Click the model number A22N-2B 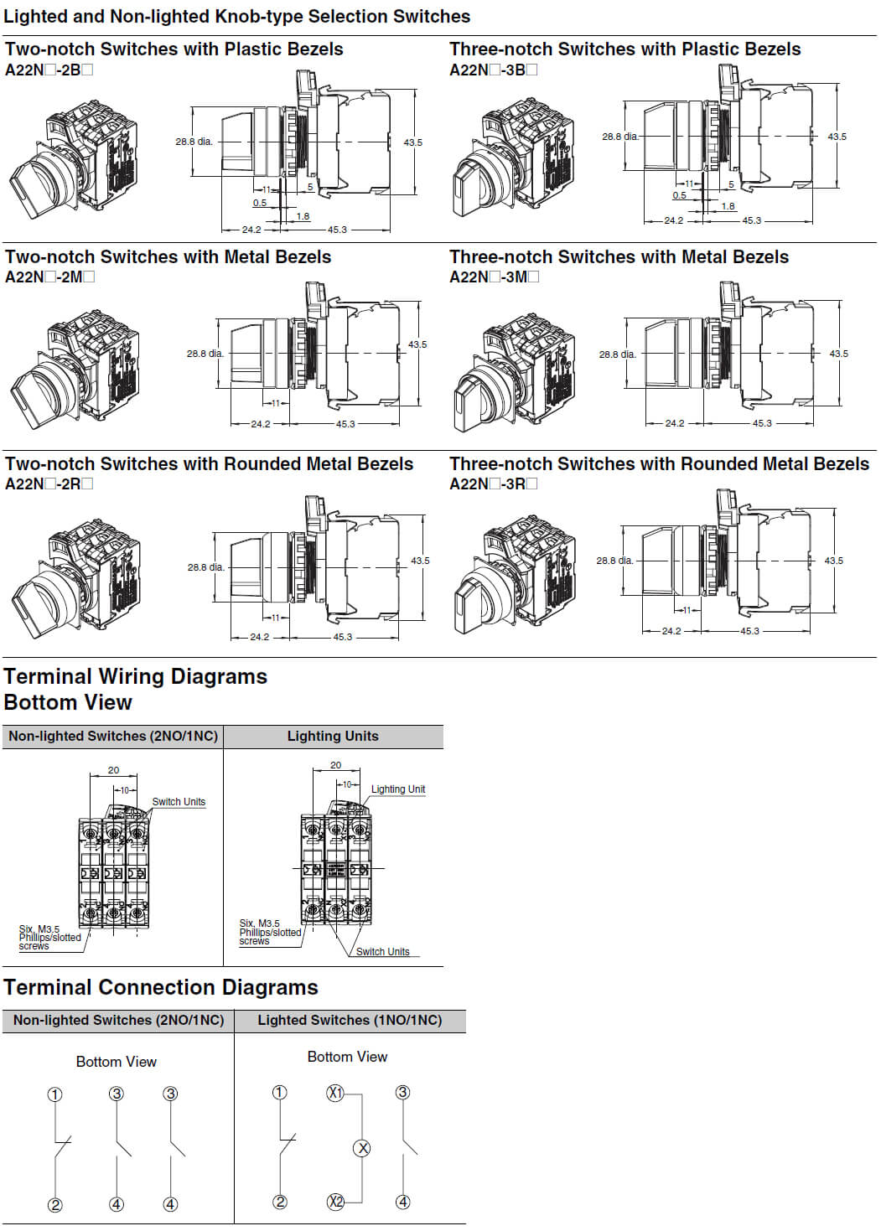(49, 70)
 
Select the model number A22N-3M (494, 277)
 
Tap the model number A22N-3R (493, 484)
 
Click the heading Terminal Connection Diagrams (161, 987)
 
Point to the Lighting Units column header (333, 736)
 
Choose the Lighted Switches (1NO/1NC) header (350, 1020)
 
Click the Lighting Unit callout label (398, 789)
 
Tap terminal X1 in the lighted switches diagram (335, 1093)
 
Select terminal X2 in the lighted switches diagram (335, 1202)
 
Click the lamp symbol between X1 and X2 (362, 1148)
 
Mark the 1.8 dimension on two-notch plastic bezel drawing (303, 216)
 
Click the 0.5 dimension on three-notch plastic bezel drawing (679, 195)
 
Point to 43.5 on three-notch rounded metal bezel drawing (833, 561)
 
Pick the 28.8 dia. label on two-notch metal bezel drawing (205, 354)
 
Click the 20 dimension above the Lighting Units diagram (335, 765)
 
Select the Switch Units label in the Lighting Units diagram (382, 952)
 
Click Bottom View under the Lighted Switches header (347, 1057)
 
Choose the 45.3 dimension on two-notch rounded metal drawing (343, 637)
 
